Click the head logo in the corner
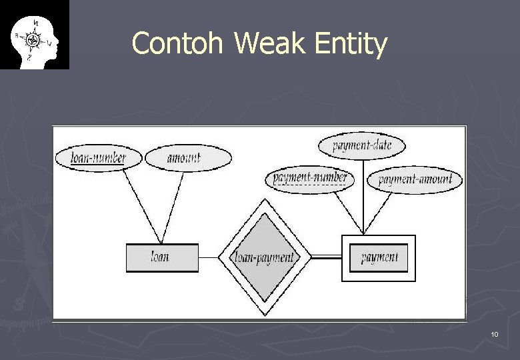[35, 35]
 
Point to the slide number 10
[494, 334]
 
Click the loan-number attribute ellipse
[99, 158]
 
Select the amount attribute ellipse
[188, 158]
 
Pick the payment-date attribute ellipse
[362, 145]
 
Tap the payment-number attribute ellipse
[310, 179]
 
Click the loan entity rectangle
[162, 257]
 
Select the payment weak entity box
[379, 258]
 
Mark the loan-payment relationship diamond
[265, 258]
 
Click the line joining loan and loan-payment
[209, 257]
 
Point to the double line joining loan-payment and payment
[326, 257]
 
